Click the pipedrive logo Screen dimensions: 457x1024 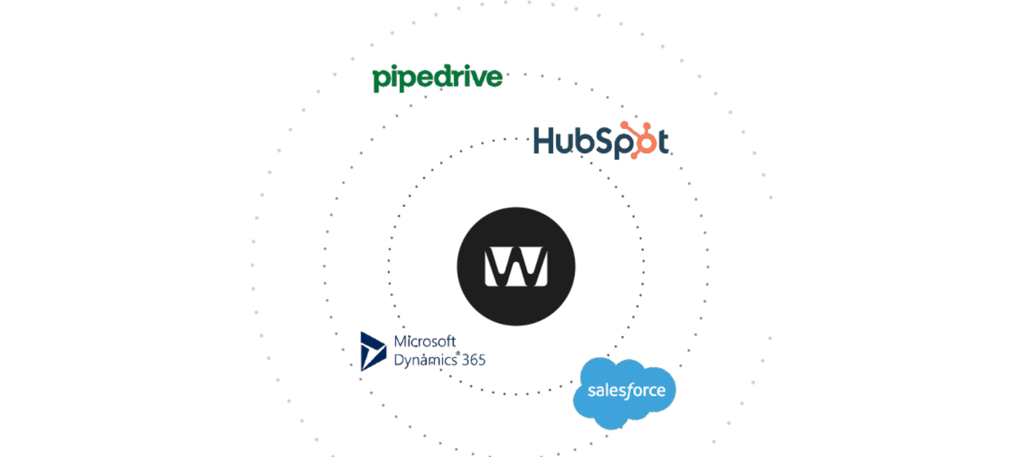coord(437,78)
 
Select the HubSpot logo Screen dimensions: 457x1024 coord(600,140)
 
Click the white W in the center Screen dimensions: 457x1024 coord(516,267)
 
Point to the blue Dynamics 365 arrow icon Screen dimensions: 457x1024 coord(372,351)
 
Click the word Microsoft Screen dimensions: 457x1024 coord(425,341)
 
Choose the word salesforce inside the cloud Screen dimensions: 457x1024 coord(626,390)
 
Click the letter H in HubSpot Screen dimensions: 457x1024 coord(543,141)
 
